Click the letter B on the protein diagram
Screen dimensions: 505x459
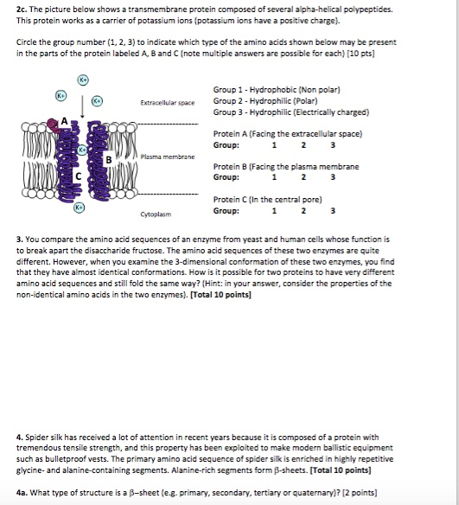(x=107, y=160)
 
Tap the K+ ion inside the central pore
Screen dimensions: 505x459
(x=83, y=150)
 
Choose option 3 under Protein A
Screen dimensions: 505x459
(x=332, y=146)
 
